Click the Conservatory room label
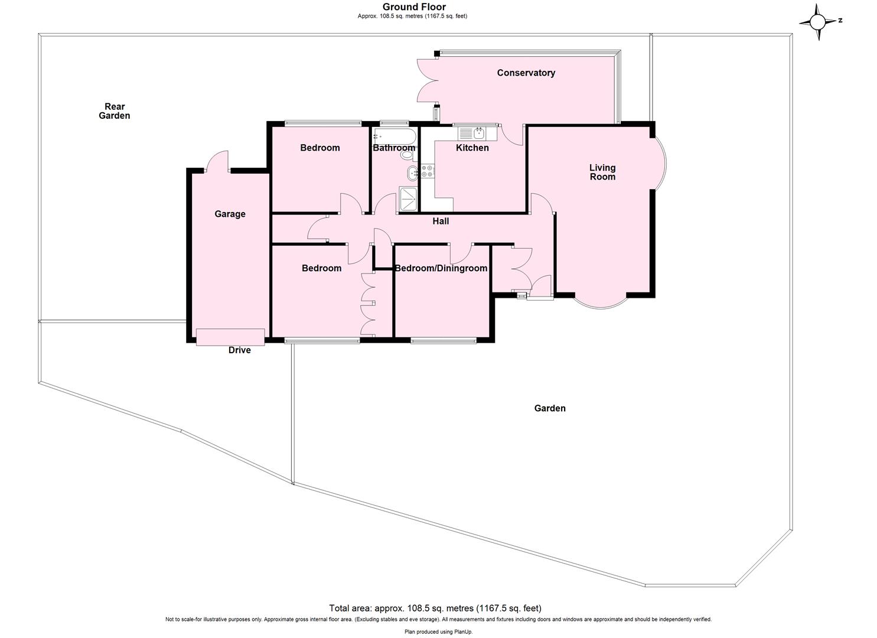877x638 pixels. pos(526,73)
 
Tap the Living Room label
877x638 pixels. pos(602,172)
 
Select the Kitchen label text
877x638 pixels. pos(472,148)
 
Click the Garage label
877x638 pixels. pos(230,214)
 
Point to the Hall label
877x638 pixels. pos(441,221)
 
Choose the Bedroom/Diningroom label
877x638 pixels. pos(441,268)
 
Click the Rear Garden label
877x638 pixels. pos(115,111)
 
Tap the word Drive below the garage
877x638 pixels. pos(239,350)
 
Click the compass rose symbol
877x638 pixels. pos(818,22)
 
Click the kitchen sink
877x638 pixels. pos(475,134)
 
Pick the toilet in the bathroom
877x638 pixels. pos(407,155)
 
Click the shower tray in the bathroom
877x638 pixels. pos(408,198)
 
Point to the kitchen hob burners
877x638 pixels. pos(428,172)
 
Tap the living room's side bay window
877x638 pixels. pos(660,164)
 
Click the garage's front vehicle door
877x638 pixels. pos(230,337)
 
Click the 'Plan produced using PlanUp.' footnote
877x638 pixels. pos(438,632)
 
